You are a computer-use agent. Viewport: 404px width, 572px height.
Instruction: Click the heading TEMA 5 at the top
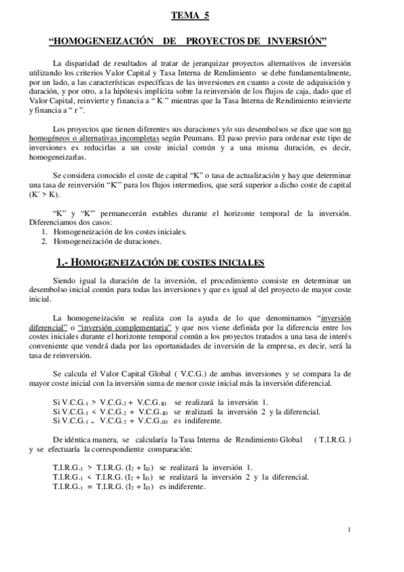190,13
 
